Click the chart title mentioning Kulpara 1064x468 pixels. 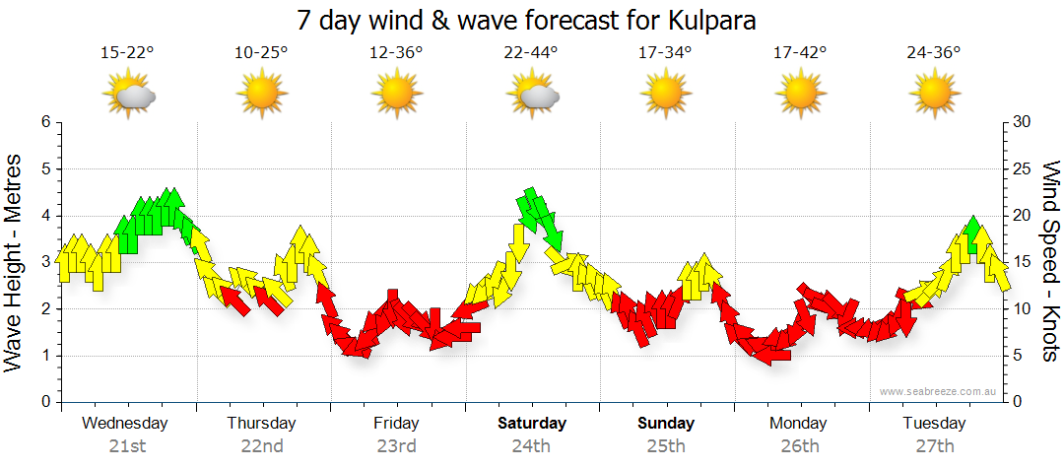532,19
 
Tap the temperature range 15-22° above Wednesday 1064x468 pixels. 128,52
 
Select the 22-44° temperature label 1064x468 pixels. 531,52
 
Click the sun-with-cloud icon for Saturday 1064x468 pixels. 533,95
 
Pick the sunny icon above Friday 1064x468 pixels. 397,95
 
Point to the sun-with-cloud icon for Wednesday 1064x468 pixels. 129,95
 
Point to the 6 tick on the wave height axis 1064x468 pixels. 44,122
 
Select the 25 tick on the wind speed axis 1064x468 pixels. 1023,168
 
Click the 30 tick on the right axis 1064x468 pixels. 1023,122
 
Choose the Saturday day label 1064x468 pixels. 531,424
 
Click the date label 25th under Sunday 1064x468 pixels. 666,445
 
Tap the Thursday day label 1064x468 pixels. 261,424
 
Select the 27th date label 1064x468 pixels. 935,445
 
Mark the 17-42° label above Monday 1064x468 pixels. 799,52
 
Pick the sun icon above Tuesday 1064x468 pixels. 934,95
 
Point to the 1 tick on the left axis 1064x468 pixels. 44,356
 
